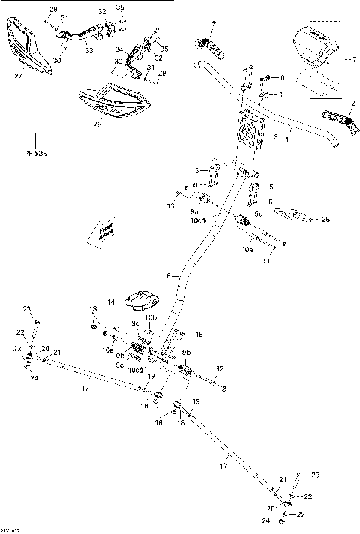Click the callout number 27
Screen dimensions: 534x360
[18, 75]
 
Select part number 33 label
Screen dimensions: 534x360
[89, 50]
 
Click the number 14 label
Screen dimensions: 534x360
[111, 301]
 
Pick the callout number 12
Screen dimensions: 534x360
[220, 367]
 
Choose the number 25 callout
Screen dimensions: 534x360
[325, 219]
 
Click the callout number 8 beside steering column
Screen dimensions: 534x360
[169, 276]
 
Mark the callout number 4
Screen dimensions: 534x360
[280, 94]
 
